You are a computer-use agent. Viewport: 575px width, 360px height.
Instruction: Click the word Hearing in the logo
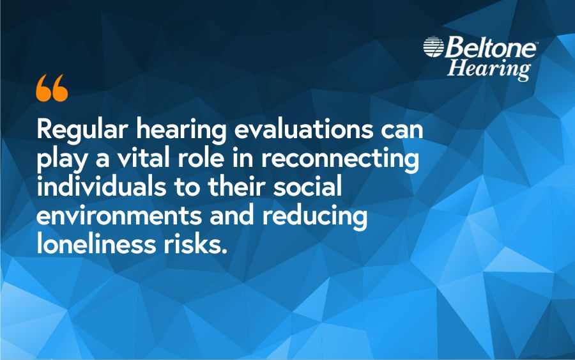pyautogui.click(x=489, y=68)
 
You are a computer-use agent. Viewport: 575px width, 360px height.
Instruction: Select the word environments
pyautogui.click(x=113, y=217)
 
